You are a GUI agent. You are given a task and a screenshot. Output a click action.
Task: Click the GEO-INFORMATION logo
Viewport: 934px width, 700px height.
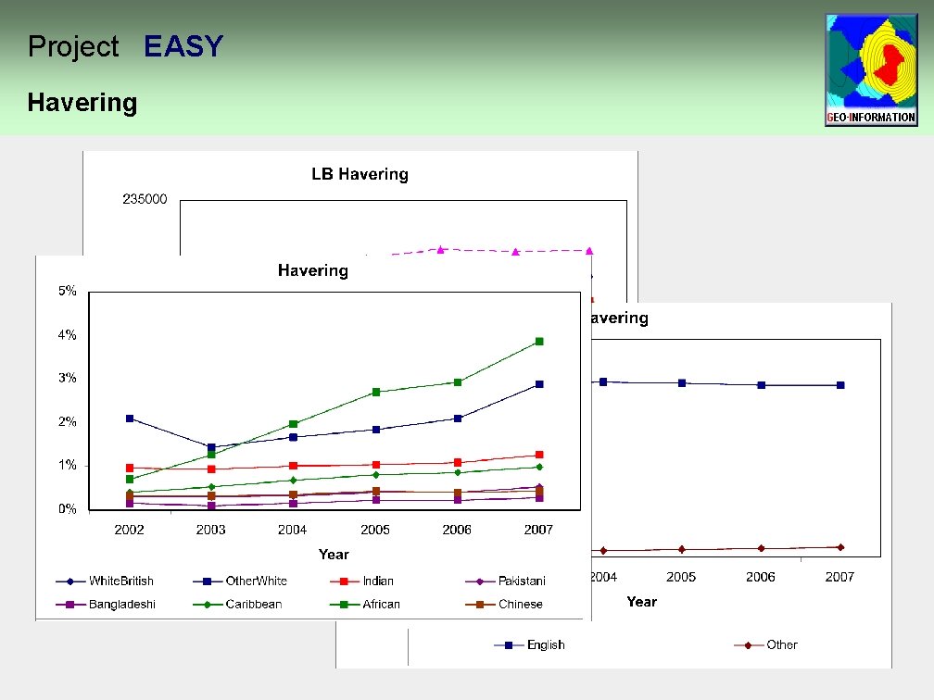coord(871,69)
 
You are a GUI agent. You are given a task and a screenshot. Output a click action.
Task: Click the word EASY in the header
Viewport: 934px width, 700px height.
coord(183,46)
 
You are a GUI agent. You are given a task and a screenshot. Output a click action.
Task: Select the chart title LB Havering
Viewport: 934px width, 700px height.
coord(360,174)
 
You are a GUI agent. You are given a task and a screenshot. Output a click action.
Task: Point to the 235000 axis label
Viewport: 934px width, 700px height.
coord(145,199)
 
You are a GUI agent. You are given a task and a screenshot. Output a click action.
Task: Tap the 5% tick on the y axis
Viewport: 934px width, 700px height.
coord(68,291)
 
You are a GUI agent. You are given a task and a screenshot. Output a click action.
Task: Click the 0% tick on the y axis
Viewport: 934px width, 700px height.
coord(68,509)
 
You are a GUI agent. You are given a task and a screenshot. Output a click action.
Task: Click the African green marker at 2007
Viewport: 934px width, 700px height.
coord(539,342)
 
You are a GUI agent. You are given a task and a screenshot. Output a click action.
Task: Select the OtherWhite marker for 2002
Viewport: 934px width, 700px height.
coord(130,419)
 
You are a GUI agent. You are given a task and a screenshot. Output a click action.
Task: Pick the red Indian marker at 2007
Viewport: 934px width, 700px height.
coord(539,455)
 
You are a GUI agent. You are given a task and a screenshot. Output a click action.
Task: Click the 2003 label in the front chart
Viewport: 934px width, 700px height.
coord(210,530)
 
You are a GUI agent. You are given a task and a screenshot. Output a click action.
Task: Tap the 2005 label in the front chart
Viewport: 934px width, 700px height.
coord(374,530)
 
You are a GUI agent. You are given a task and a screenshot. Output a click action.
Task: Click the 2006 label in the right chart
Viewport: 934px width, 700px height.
coord(761,577)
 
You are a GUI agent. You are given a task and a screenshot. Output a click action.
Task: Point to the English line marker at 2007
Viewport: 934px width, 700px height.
coord(840,385)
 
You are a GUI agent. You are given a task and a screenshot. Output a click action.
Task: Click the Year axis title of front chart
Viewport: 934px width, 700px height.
coord(334,554)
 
